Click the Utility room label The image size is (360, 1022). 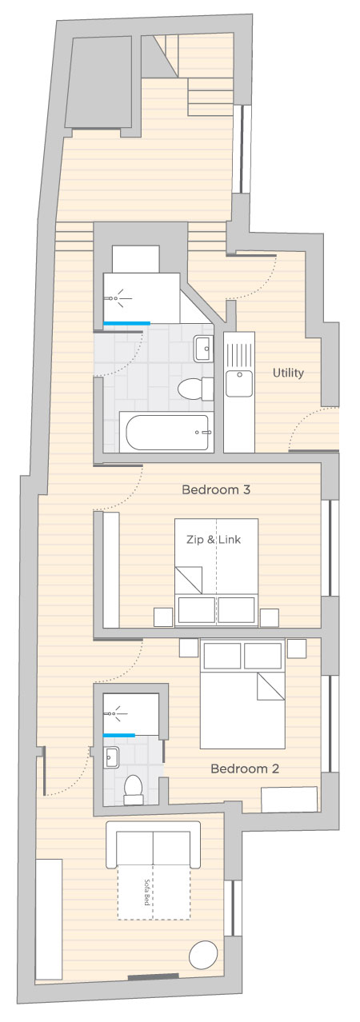click(288, 373)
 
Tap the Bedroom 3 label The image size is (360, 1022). click(216, 489)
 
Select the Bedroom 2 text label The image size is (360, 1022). click(245, 768)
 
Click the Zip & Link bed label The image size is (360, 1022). click(213, 539)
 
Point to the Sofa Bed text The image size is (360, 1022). click(147, 892)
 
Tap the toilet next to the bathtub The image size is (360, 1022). click(195, 389)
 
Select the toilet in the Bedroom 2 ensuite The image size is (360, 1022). click(134, 788)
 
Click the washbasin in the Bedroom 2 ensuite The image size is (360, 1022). click(111, 758)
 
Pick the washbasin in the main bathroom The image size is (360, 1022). click(203, 348)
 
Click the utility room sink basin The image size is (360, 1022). click(239, 383)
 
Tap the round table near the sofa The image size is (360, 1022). click(203, 954)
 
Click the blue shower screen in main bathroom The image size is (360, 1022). click(126, 323)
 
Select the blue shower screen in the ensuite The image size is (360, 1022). click(119, 735)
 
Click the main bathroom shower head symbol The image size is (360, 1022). click(118, 298)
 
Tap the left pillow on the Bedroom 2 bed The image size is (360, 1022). click(222, 656)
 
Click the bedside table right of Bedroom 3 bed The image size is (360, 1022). click(270, 618)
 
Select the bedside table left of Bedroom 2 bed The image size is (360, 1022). click(189, 648)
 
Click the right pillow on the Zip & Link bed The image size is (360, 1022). click(236, 610)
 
